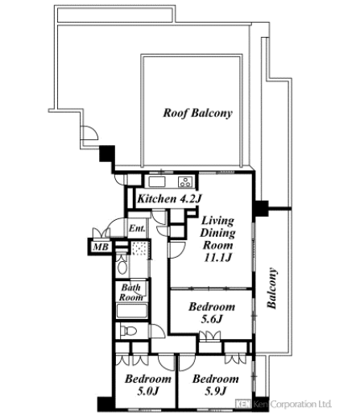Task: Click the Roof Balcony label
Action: (197, 113)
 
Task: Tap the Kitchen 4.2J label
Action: (169, 199)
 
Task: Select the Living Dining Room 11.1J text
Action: (217, 239)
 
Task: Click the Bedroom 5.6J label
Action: (212, 313)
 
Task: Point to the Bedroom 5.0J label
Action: (148, 385)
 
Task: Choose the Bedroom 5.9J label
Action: (216, 385)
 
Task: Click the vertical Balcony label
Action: (271, 288)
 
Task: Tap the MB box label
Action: (101, 247)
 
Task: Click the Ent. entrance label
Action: (137, 228)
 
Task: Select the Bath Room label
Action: (131, 292)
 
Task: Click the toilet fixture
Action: (128, 331)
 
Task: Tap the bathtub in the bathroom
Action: (132, 311)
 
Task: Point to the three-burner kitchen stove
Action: (185, 182)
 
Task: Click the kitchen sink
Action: (157, 182)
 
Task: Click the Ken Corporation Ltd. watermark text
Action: (283, 404)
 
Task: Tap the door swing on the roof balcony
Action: (89, 133)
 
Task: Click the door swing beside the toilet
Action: (157, 331)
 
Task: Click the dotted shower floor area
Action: (140, 248)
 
